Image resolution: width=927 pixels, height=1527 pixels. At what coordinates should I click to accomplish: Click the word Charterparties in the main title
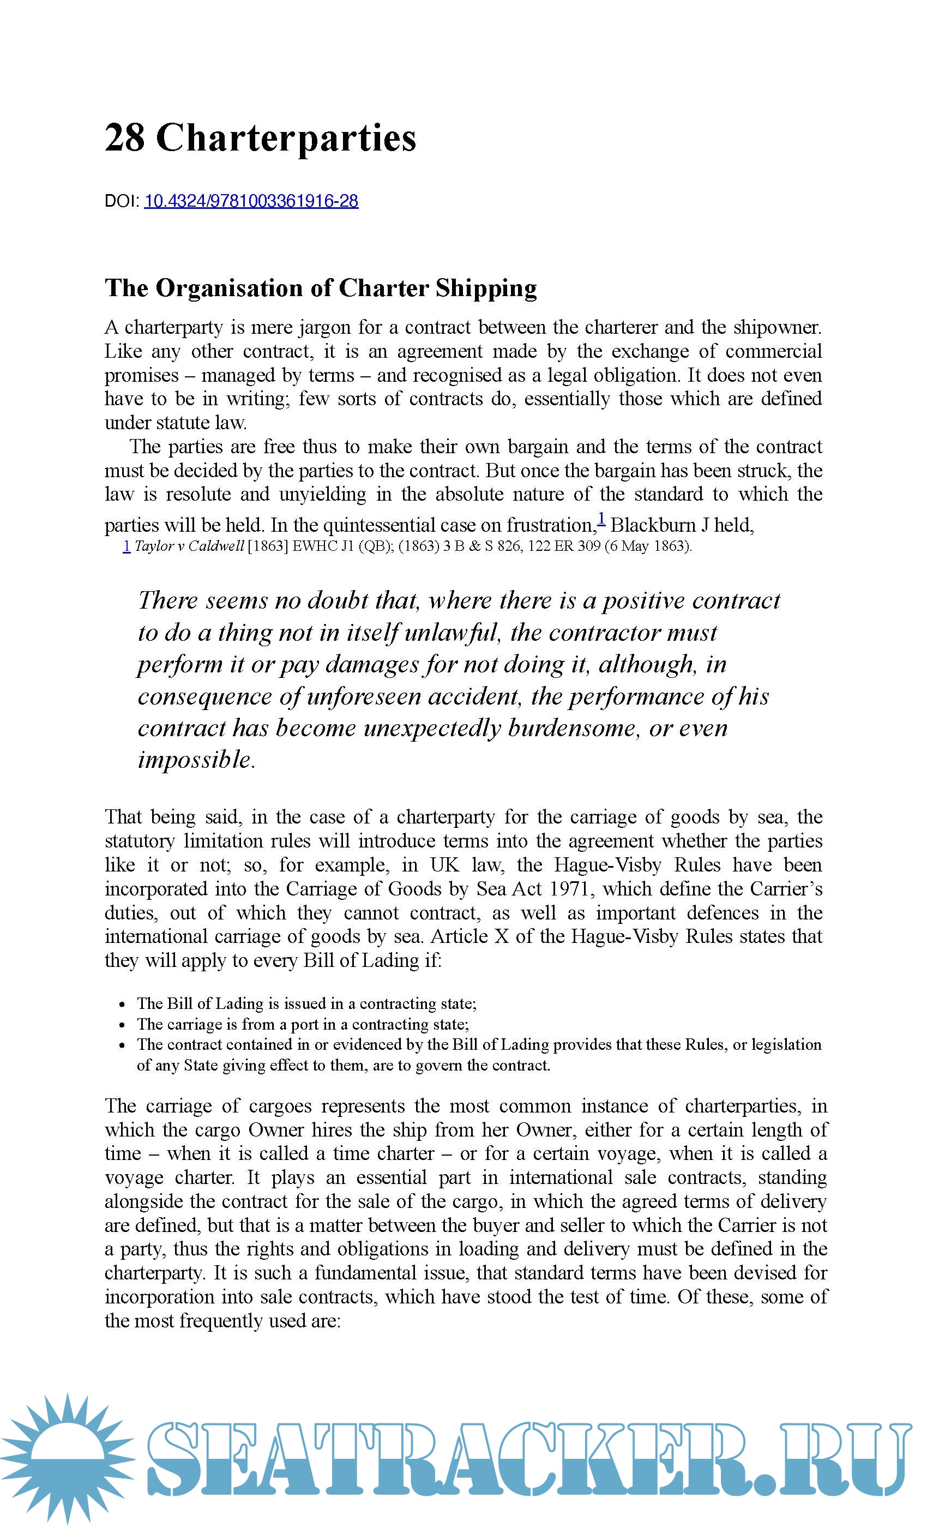tap(286, 138)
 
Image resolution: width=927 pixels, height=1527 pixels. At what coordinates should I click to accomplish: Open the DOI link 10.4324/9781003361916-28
tap(251, 201)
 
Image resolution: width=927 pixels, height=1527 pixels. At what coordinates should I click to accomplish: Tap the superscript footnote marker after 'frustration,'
tap(601, 518)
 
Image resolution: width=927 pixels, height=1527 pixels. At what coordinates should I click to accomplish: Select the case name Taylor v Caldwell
tap(189, 546)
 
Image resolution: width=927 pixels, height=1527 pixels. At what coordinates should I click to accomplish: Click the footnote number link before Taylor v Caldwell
tap(127, 546)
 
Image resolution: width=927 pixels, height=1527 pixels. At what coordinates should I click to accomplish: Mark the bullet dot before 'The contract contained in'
tap(122, 1045)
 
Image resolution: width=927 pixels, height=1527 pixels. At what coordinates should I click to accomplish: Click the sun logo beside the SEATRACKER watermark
tap(65, 1457)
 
